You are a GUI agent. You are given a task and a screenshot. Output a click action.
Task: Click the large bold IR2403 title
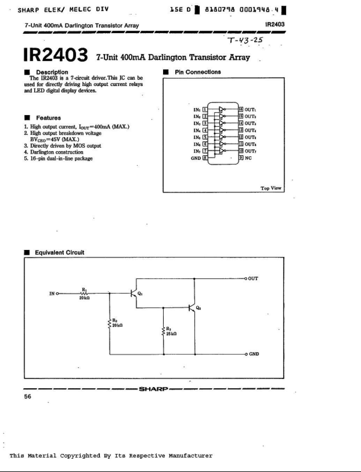click(56, 55)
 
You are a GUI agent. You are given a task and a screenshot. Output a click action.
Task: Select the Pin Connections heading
click(198, 72)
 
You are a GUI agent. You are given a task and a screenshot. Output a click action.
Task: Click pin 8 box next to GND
click(205, 158)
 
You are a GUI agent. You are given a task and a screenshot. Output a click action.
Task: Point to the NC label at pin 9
click(248, 158)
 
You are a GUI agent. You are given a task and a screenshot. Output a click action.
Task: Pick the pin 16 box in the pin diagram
click(241, 109)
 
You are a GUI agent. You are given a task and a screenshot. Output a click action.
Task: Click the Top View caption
click(271, 188)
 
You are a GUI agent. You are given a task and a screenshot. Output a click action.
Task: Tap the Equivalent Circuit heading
click(59, 252)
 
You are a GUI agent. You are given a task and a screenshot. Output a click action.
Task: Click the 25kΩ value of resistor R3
click(171, 334)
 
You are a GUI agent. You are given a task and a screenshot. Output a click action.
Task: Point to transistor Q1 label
click(140, 294)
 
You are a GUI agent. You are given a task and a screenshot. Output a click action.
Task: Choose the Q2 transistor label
click(198, 308)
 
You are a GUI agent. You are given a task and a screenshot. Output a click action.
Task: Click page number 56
click(28, 396)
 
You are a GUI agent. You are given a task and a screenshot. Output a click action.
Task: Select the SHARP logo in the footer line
click(154, 389)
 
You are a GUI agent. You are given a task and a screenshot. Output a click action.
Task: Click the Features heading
click(48, 118)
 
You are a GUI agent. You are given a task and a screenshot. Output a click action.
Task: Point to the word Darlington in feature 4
click(42, 152)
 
